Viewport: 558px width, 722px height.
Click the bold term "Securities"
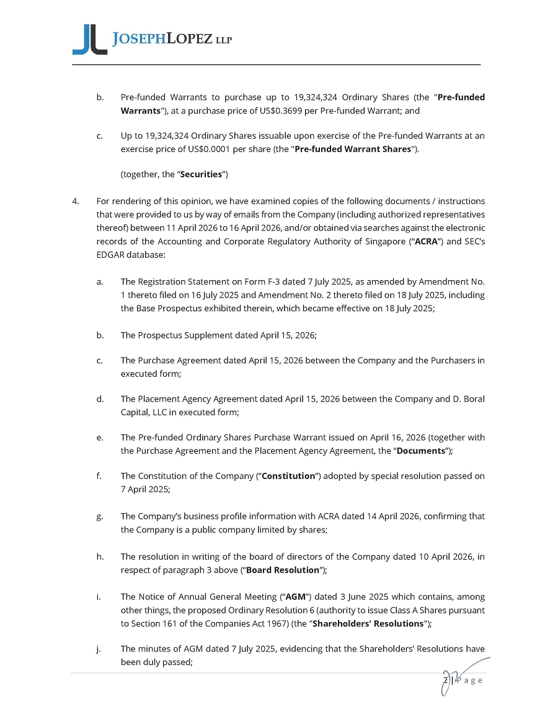[201, 174]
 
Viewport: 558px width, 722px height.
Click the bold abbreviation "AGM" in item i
[295, 597]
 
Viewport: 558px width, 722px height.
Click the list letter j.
[99, 649]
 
